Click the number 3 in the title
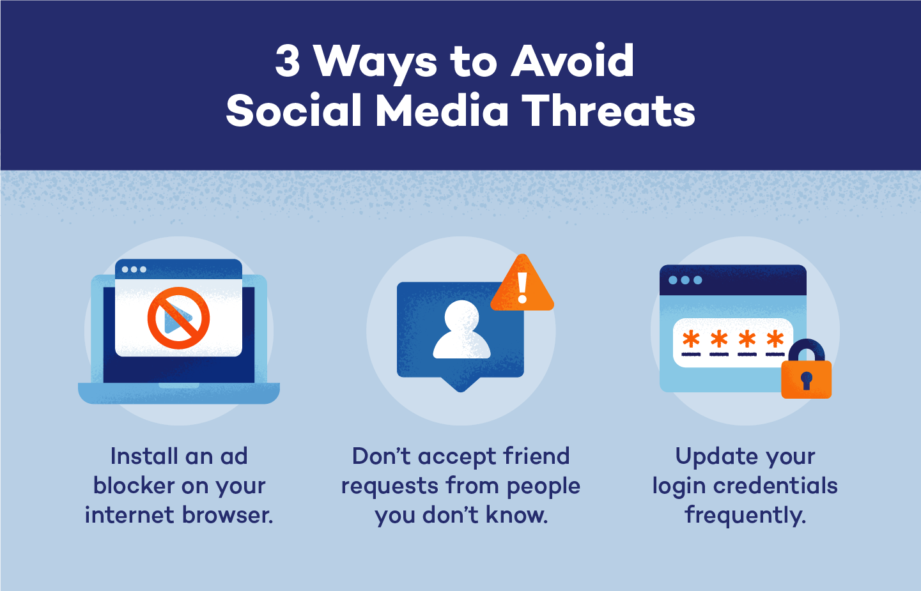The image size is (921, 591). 288,62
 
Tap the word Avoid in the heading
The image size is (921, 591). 573,62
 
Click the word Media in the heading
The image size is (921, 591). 442,111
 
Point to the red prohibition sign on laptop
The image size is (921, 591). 178,318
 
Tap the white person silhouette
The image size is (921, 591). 461,330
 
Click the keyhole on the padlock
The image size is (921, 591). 806,380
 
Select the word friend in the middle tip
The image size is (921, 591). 536,457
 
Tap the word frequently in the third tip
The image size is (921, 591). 745,516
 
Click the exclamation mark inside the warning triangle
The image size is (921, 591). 523,288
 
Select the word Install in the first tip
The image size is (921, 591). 144,457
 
